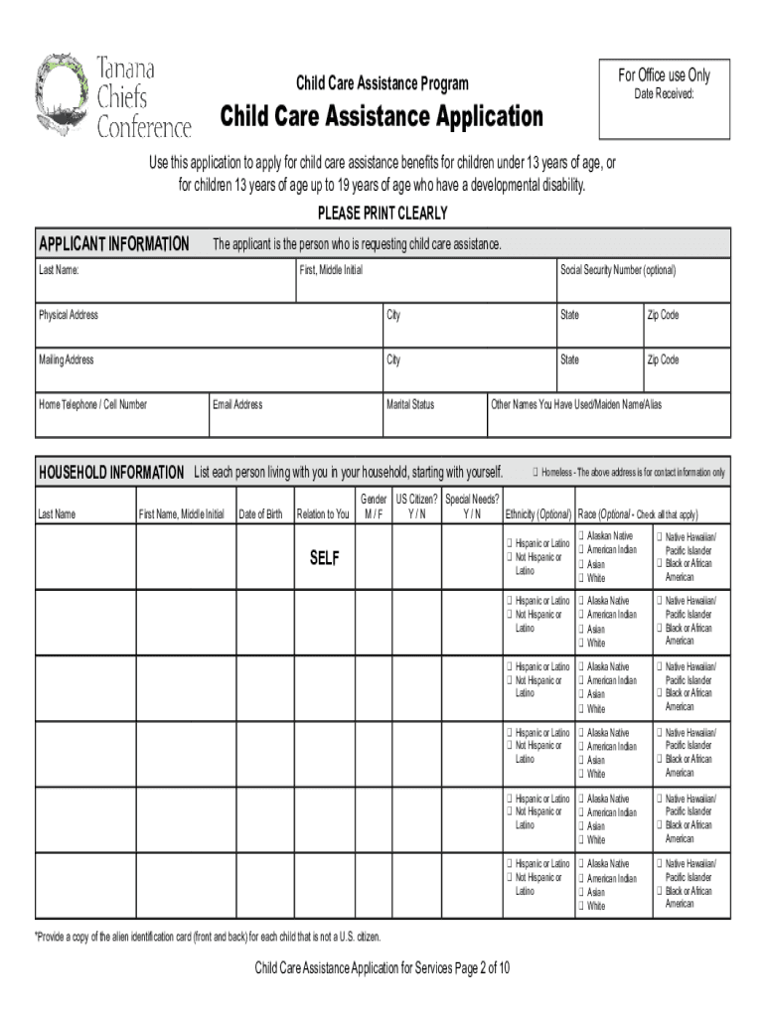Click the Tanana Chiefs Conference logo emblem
65,95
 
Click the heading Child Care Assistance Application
382,117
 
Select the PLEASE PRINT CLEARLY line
382,214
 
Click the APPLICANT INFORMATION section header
113,244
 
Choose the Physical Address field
209,327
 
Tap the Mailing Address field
209,371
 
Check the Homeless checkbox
535,472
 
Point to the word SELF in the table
324,559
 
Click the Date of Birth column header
262,514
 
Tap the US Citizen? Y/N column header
416,507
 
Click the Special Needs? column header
472,507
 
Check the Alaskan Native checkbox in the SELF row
582,537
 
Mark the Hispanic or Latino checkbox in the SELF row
509,544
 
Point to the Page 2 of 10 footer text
382,968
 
